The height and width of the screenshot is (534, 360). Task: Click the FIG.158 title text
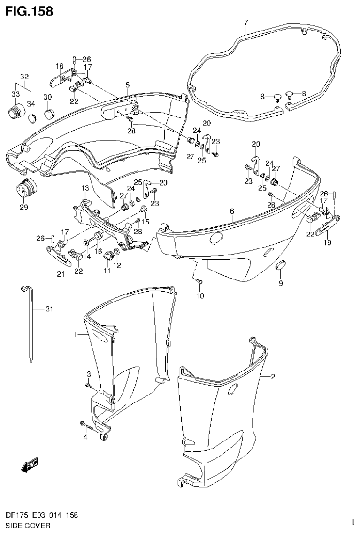pos(29,10)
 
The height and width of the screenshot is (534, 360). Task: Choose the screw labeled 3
pos(88,386)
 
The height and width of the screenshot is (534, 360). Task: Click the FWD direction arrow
pos(30,465)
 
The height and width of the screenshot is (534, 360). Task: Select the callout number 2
pos(273,376)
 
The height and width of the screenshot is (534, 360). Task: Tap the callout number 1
pos(74,334)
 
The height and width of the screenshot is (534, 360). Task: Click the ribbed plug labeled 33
pos(15,114)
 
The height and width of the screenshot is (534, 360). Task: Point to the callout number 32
pos(24,77)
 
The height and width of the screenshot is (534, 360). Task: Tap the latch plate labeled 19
pos(325,226)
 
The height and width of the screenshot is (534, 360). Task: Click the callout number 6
pos(232,212)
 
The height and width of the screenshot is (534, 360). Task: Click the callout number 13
pos(85,188)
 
